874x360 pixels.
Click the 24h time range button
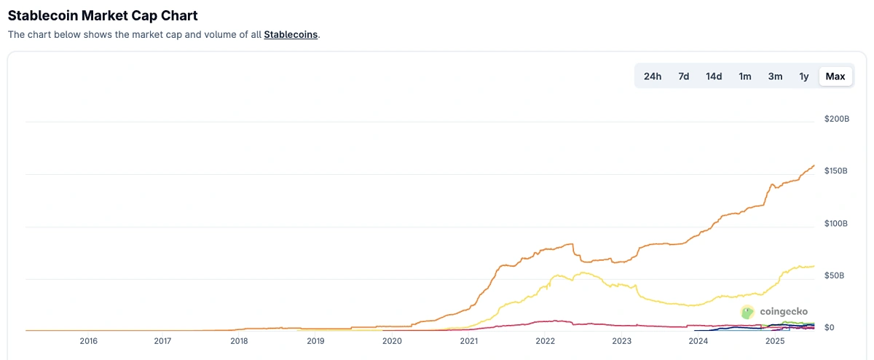coord(653,77)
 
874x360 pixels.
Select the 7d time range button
coord(684,77)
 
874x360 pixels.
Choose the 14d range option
coord(714,77)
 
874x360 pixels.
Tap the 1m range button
coord(745,77)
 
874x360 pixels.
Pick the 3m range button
coord(775,77)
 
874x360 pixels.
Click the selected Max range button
coord(835,77)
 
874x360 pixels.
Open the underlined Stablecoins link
coord(291,34)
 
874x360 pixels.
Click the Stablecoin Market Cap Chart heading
coord(103,15)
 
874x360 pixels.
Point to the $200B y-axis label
coord(837,118)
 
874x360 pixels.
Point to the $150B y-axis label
coord(837,171)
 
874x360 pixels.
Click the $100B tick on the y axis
coord(837,223)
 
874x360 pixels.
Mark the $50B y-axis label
coord(835,275)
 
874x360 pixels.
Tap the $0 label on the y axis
coord(829,328)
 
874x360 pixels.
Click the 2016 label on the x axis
coord(89,341)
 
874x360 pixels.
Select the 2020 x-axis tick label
coord(392,341)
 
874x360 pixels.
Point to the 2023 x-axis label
coord(621,341)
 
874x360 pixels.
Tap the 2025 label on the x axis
coord(775,341)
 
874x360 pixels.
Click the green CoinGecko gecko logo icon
coord(747,312)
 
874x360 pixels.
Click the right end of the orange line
coord(814,165)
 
